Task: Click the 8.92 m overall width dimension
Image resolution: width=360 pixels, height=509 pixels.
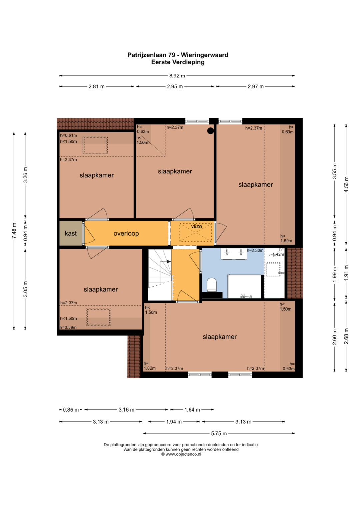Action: pyautogui.click(x=177, y=76)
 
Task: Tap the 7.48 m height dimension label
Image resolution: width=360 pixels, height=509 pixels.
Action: pyautogui.click(x=14, y=231)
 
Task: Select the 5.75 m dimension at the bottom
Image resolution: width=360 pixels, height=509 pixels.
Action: pyautogui.click(x=219, y=433)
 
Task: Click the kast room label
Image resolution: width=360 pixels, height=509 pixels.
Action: pyautogui.click(x=71, y=233)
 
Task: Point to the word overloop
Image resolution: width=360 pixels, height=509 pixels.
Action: pyautogui.click(x=126, y=234)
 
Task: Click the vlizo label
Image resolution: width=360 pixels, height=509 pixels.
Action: pyautogui.click(x=196, y=226)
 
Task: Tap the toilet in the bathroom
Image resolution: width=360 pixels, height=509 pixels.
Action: pyautogui.click(x=212, y=284)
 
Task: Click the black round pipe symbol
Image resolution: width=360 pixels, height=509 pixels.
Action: pyautogui.click(x=210, y=131)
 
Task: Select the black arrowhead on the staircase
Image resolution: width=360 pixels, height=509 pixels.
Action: pyautogui.click(x=169, y=262)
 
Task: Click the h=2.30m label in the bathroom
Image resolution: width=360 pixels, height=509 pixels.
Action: pyautogui.click(x=255, y=251)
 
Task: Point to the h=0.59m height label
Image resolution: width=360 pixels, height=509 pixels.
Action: pyautogui.click(x=68, y=327)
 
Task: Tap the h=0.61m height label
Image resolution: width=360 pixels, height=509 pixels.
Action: pyautogui.click(x=68, y=135)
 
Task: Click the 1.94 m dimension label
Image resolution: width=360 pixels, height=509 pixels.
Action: pyautogui.click(x=174, y=422)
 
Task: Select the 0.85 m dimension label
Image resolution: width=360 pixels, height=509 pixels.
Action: pyautogui.click(x=71, y=410)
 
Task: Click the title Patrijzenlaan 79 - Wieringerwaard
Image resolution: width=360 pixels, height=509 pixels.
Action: pyautogui.click(x=178, y=55)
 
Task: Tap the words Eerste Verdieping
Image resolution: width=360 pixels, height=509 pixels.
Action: pyautogui.click(x=178, y=62)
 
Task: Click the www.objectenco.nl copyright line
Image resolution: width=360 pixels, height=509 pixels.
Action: pyautogui.click(x=181, y=454)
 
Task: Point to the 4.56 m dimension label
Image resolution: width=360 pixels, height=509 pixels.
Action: pyautogui.click(x=346, y=184)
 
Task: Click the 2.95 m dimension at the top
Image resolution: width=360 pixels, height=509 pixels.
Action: pyautogui.click(x=175, y=87)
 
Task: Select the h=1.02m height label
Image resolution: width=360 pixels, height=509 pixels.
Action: pyautogui.click(x=150, y=366)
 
